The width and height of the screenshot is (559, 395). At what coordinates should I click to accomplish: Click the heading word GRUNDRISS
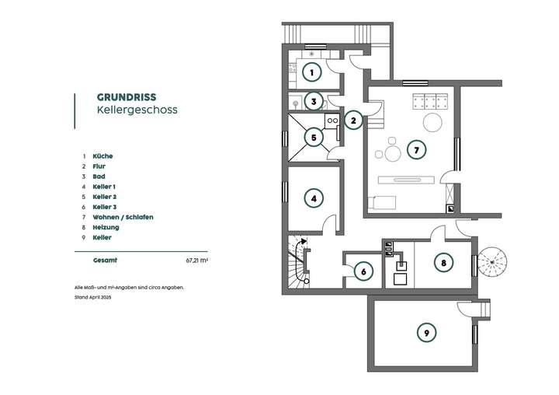coord(126,97)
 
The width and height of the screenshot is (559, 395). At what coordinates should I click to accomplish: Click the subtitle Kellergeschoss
coord(137,110)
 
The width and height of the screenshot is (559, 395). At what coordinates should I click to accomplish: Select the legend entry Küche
coord(102,156)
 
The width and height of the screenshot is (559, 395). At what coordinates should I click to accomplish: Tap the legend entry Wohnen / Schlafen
coord(123,217)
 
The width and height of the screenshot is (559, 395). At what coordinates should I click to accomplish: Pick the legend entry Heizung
coord(106,227)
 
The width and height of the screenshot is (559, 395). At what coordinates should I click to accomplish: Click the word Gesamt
coord(106,261)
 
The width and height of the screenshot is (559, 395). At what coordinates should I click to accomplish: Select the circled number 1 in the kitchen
coord(311,73)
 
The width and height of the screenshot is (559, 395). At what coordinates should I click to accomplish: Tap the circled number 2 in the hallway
coord(353,121)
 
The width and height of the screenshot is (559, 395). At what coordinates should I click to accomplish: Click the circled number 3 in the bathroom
coord(312,101)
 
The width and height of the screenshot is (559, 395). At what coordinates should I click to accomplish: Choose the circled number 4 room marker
coord(313,198)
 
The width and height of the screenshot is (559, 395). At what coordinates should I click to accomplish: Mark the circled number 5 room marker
coord(312,138)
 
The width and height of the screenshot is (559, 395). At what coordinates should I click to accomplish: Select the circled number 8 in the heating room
coord(443,263)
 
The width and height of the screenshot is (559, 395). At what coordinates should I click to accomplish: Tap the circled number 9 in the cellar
coord(425,333)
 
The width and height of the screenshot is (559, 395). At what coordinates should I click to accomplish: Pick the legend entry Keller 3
coord(104,207)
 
